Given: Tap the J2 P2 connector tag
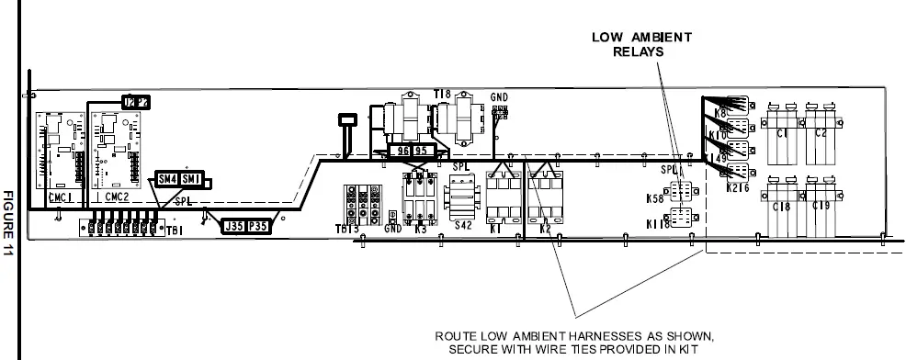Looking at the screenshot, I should pyautogui.click(x=135, y=101).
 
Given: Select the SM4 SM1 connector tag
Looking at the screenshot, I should pyautogui.click(x=178, y=179).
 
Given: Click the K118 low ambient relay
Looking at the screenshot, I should pyautogui.click(x=682, y=219).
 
